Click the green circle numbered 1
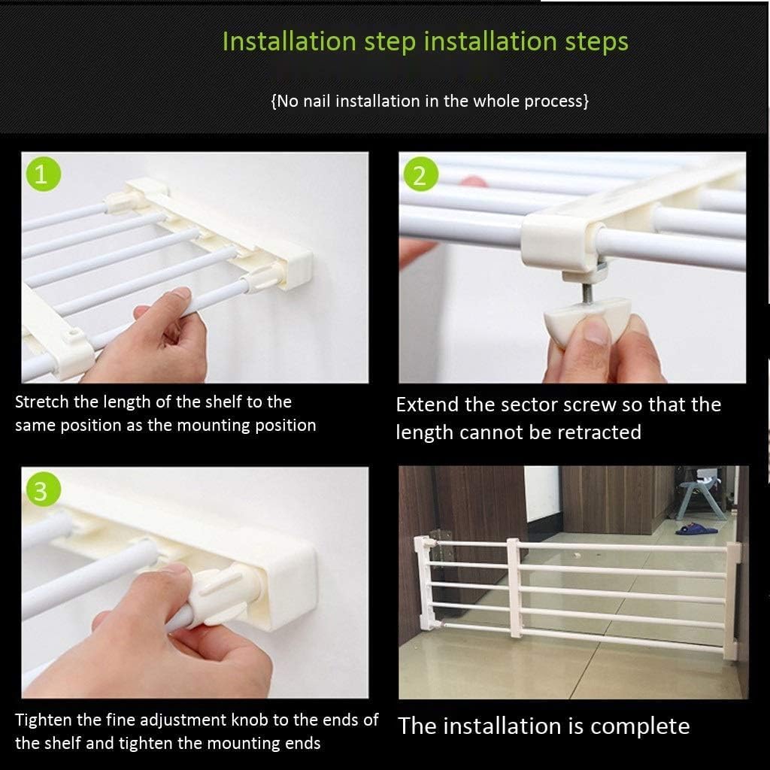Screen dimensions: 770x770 (x=41, y=176)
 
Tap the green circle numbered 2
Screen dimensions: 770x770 (x=420, y=176)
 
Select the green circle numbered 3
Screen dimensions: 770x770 (x=41, y=490)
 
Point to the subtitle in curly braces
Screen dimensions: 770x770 (x=429, y=101)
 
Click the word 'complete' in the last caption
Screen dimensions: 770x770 (x=640, y=726)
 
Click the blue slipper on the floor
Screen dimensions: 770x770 (x=696, y=529)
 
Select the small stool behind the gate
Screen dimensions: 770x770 (x=701, y=496)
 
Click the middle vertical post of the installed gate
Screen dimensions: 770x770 (x=514, y=587)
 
